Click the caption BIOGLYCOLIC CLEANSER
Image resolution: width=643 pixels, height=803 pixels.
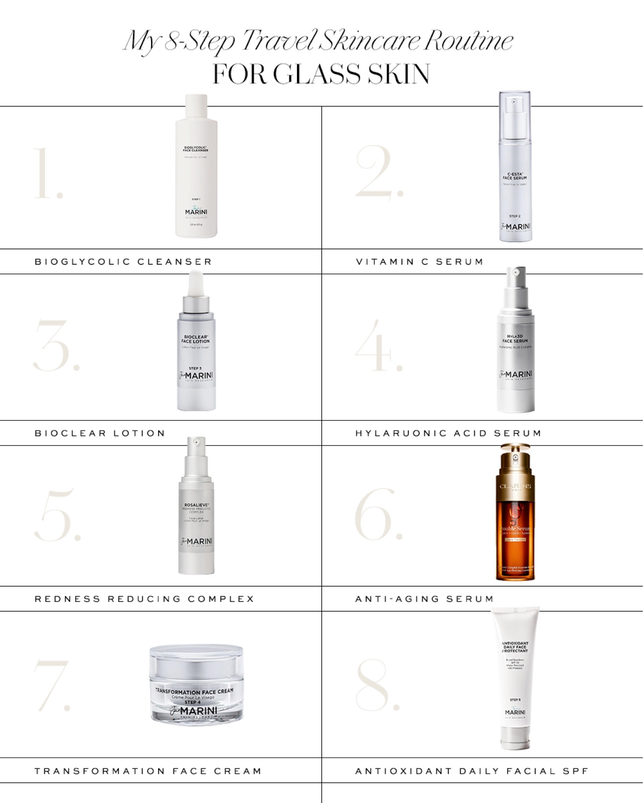tap(123, 262)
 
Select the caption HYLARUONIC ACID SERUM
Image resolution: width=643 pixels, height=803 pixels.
tap(448, 433)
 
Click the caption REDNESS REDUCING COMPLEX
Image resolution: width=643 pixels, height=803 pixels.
tap(144, 599)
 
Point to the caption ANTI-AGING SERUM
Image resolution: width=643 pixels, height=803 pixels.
tap(424, 599)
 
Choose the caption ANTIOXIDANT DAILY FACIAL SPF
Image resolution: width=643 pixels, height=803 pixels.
tap(472, 771)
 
